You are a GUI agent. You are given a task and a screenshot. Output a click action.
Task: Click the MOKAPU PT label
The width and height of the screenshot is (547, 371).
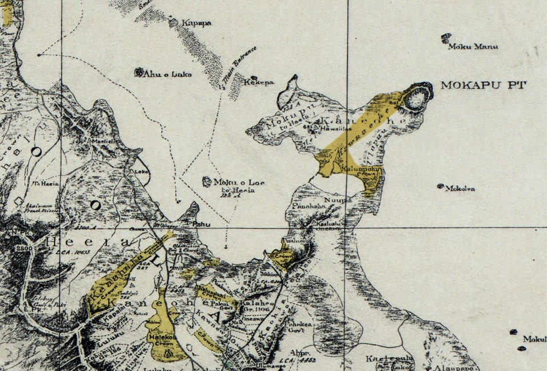(x=483, y=86)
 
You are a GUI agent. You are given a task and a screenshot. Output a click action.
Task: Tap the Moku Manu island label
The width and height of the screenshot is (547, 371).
(x=473, y=46)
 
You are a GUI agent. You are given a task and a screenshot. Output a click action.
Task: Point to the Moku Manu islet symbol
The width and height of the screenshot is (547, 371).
(x=446, y=39)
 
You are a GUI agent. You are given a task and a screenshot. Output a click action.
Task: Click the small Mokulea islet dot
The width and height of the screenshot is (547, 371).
(x=441, y=186)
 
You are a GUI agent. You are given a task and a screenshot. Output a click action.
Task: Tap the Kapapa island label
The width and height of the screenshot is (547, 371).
(x=197, y=23)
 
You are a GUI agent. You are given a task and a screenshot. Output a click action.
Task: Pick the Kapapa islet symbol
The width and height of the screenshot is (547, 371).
(x=173, y=22)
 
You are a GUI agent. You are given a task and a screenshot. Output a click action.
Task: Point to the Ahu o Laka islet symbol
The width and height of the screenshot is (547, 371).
(x=138, y=72)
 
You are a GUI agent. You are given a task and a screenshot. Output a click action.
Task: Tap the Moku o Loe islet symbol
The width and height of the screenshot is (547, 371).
(x=206, y=182)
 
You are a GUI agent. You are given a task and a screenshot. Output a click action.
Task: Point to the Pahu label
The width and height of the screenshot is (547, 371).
(x=200, y=224)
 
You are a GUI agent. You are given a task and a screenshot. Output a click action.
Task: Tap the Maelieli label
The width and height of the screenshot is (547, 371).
(x=102, y=140)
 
